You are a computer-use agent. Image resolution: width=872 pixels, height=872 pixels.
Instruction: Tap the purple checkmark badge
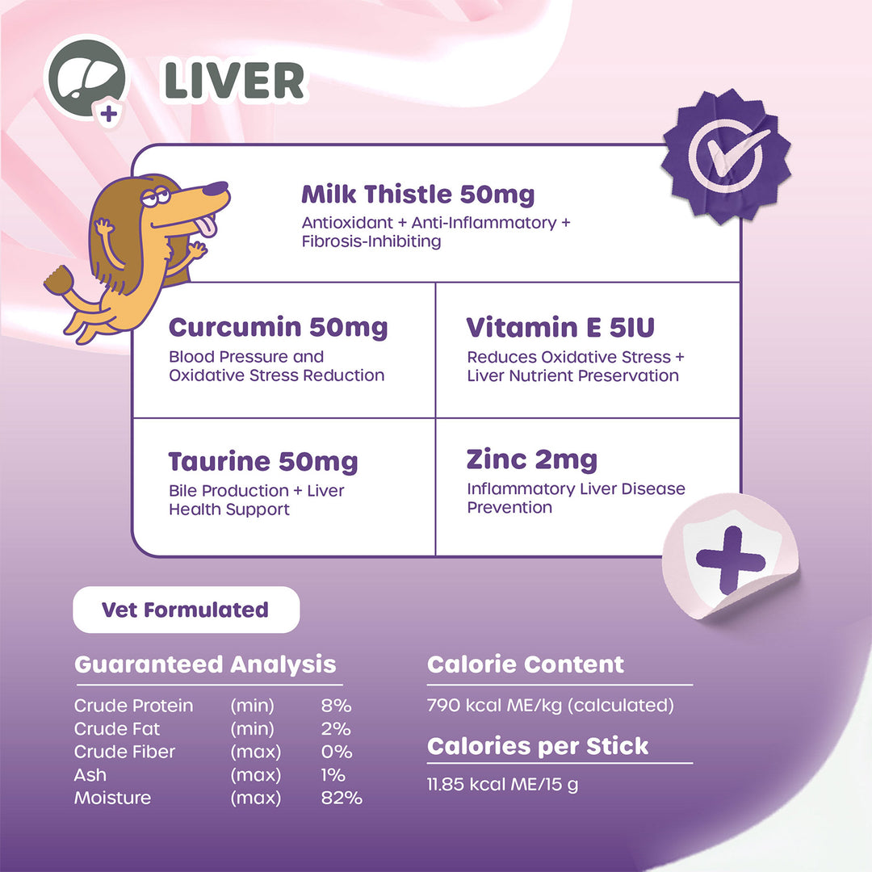pos(725,154)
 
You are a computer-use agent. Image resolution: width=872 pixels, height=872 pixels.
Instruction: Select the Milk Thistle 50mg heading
pos(417,195)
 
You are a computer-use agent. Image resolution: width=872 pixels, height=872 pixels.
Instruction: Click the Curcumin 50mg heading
pos(278,328)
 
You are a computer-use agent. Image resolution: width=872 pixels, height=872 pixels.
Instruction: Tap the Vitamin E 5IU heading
pos(560,328)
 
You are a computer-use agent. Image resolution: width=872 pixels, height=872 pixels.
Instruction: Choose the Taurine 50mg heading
pos(262,462)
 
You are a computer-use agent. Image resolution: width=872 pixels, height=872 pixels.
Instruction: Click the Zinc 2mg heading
pos(531,460)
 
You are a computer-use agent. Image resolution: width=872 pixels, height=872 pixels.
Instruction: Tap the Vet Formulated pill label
pos(186,610)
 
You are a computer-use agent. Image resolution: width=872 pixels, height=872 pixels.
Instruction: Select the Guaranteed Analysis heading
pos(205,664)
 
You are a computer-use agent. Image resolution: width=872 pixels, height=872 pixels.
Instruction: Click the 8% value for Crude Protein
pos(336,706)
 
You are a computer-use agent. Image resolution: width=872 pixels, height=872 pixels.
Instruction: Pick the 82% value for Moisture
pos(342,798)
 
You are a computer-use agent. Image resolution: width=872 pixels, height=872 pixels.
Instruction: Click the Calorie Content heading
pos(526,664)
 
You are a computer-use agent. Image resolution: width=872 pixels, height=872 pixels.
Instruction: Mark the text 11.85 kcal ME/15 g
pos(502,784)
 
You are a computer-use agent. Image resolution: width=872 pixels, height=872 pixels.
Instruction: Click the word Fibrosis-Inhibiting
pos(371,241)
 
